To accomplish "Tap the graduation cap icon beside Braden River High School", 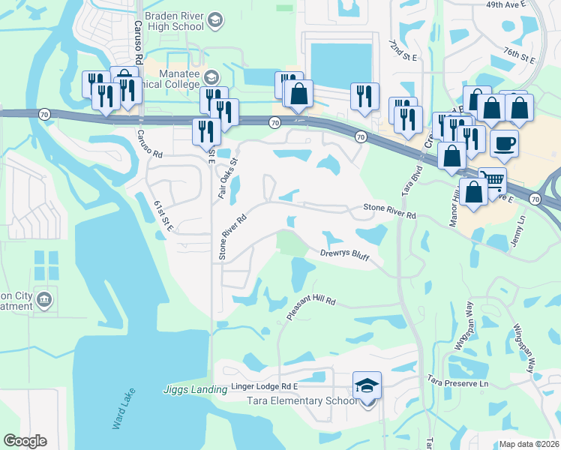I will click(216, 19).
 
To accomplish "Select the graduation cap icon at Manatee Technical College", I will click(212, 76).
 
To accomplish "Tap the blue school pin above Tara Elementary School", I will click(367, 386).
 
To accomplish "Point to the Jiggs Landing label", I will click(195, 389).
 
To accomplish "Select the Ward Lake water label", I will click(124, 409).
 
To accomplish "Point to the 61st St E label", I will click(163, 217).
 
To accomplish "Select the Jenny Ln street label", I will click(521, 219).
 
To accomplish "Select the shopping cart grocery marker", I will click(492, 180).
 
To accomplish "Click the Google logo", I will click(25, 441).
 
